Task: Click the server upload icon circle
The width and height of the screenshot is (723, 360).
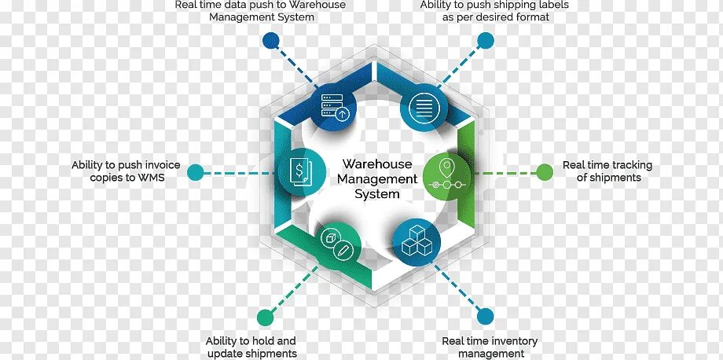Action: (x=333, y=108)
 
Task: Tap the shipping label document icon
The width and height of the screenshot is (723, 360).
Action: (x=423, y=108)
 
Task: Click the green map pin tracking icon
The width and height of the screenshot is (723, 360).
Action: (x=446, y=175)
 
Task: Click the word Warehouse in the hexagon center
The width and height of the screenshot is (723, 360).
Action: (x=376, y=164)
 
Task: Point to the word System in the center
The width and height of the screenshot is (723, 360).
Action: (x=376, y=194)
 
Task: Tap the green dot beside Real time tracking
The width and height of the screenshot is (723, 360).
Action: (x=545, y=171)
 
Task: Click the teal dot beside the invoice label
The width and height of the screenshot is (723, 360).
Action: (x=196, y=171)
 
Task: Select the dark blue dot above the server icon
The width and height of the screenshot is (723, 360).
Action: (x=271, y=39)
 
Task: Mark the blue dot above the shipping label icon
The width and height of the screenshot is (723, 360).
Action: (x=485, y=39)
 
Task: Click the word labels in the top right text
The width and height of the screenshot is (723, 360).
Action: (x=550, y=5)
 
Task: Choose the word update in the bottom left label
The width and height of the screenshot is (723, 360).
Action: (x=222, y=354)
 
